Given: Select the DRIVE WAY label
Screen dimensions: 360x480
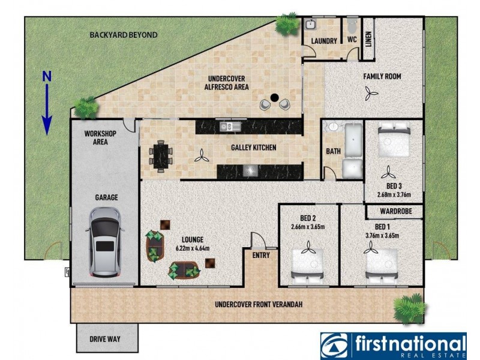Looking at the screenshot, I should point(106,339).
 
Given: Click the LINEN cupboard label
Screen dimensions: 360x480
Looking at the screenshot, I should point(367,39).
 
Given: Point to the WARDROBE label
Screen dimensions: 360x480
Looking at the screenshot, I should point(394,212).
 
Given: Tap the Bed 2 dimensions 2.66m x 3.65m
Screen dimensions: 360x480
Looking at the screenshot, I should point(308,227).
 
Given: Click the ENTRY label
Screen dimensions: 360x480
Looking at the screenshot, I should point(262,256).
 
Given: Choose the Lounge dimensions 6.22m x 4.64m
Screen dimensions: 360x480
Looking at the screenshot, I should point(192,248).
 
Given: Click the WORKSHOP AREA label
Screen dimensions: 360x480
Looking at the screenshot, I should point(100,137).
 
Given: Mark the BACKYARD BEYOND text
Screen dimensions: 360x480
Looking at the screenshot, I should point(124,35).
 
